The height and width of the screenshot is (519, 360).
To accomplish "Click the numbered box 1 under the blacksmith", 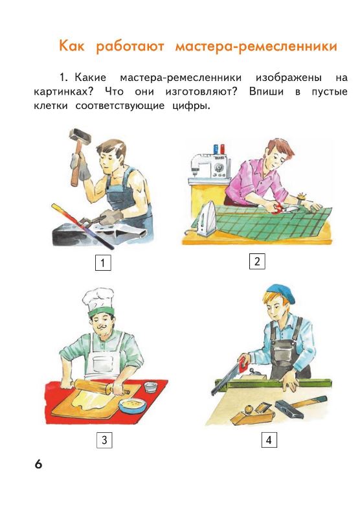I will click(102, 263).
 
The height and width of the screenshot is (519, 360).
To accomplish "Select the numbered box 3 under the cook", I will click(103, 441).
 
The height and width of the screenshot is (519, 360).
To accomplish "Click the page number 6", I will click(38, 465).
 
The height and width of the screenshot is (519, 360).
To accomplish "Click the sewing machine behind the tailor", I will click(210, 166).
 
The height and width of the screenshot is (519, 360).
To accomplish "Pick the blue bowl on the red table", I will click(133, 406).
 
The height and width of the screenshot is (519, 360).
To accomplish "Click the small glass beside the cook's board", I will click(151, 387).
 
